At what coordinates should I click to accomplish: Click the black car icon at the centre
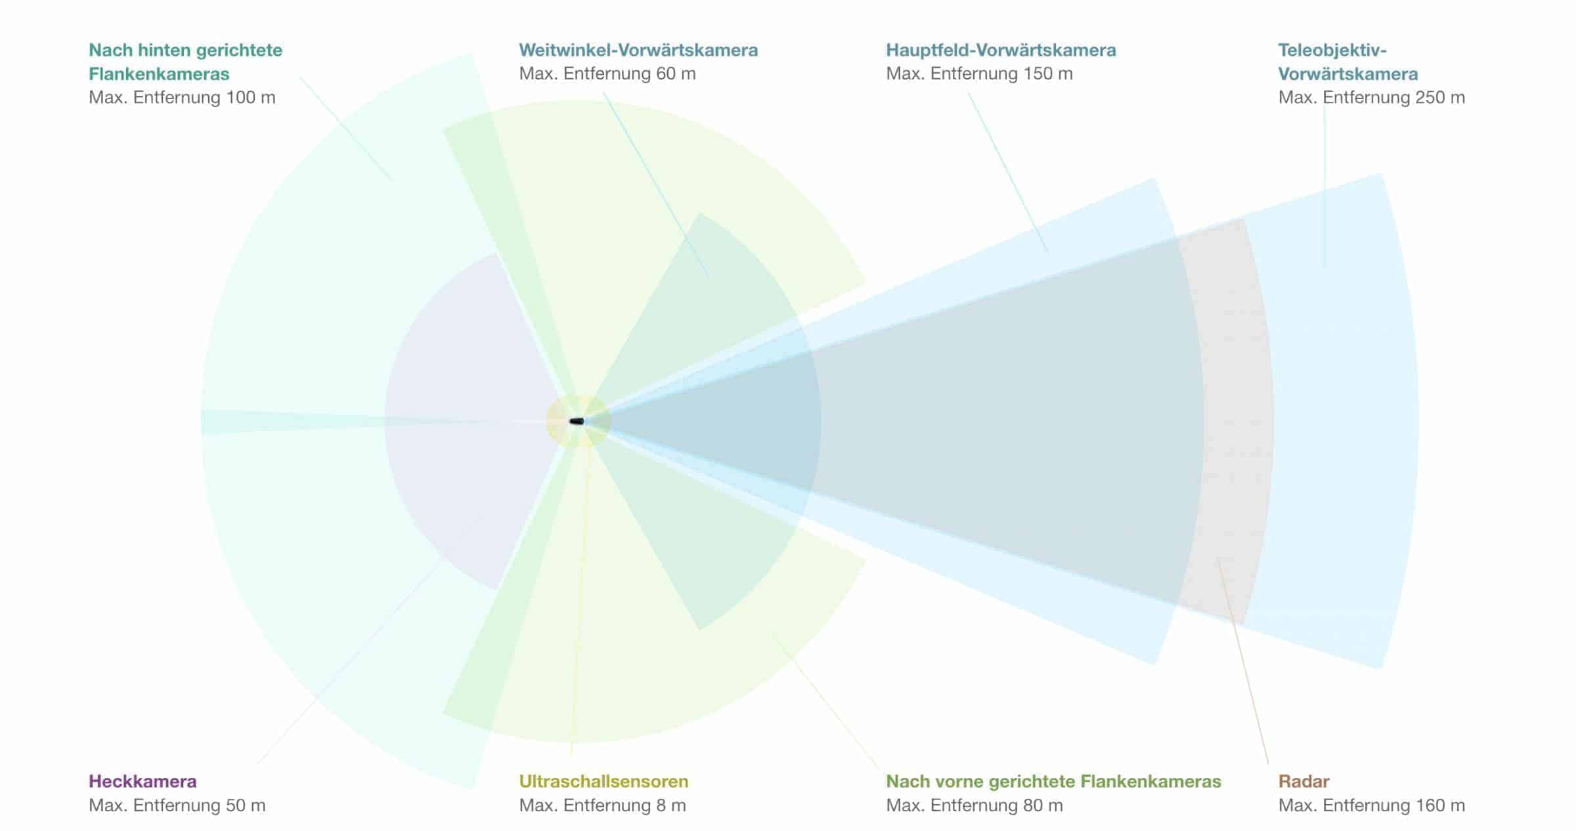577,421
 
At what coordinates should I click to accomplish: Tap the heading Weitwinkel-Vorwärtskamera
638,50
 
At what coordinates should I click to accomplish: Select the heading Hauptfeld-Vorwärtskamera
1001,50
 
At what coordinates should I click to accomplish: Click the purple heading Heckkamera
142,781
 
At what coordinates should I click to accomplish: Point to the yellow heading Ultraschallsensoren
603,781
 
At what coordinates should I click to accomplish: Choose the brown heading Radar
1303,781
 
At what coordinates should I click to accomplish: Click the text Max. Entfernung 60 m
607,74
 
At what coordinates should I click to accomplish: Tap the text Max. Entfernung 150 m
979,74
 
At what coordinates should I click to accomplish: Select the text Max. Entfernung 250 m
1371,97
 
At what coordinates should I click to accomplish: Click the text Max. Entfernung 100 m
182,97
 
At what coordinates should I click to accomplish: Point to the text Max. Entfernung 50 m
177,805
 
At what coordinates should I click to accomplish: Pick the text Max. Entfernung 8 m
602,805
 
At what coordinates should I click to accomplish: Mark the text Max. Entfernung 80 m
974,805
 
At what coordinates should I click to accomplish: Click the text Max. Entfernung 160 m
1371,805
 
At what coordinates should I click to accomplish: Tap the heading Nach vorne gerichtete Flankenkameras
1053,781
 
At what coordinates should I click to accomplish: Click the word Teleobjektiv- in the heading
1332,50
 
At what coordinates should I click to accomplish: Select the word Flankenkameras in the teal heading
159,74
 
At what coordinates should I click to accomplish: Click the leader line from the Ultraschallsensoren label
581,591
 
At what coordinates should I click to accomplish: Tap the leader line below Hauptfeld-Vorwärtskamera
1008,172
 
